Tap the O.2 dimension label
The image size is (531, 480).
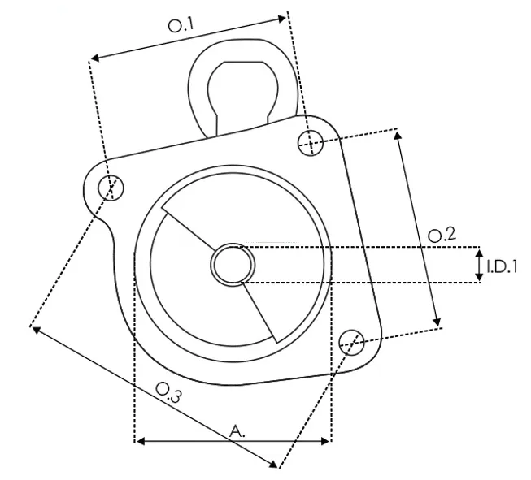coord(442,236)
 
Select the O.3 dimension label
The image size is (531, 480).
coord(168,396)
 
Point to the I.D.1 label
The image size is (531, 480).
coord(502,265)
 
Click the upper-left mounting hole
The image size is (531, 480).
coord(111,188)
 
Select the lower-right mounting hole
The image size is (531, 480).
coord(351,340)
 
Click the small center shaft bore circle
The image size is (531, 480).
coord(233,265)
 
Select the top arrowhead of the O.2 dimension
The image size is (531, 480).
coord(398,134)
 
